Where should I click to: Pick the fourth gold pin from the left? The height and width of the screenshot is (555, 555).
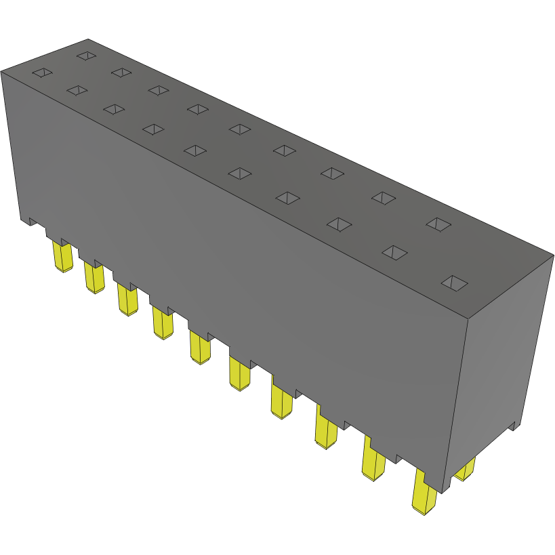coord(162,323)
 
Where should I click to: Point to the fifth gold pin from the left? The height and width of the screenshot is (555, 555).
coord(200,348)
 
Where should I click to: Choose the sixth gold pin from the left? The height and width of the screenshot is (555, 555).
coord(240,375)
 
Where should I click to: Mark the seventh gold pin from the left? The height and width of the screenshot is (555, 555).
coord(281,403)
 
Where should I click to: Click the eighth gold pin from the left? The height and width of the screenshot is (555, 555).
coord(326,432)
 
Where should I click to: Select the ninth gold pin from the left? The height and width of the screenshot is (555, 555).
coord(373,463)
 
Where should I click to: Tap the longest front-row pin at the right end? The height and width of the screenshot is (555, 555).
coord(425,493)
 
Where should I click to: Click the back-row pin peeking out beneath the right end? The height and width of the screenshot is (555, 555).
coord(465,469)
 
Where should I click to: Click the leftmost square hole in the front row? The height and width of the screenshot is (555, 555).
coord(42,73)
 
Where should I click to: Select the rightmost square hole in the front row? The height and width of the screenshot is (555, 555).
coord(455,283)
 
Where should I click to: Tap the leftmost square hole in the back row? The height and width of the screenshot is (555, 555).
coord(86,56)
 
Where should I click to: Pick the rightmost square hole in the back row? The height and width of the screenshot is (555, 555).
coord(438,224)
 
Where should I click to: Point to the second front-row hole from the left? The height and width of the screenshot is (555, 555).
coord(77,90)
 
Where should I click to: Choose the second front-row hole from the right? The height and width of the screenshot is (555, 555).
coord(395,252)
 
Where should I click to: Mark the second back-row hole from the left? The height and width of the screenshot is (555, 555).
coord(121,72)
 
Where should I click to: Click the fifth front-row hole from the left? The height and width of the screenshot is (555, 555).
coord(195,150)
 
